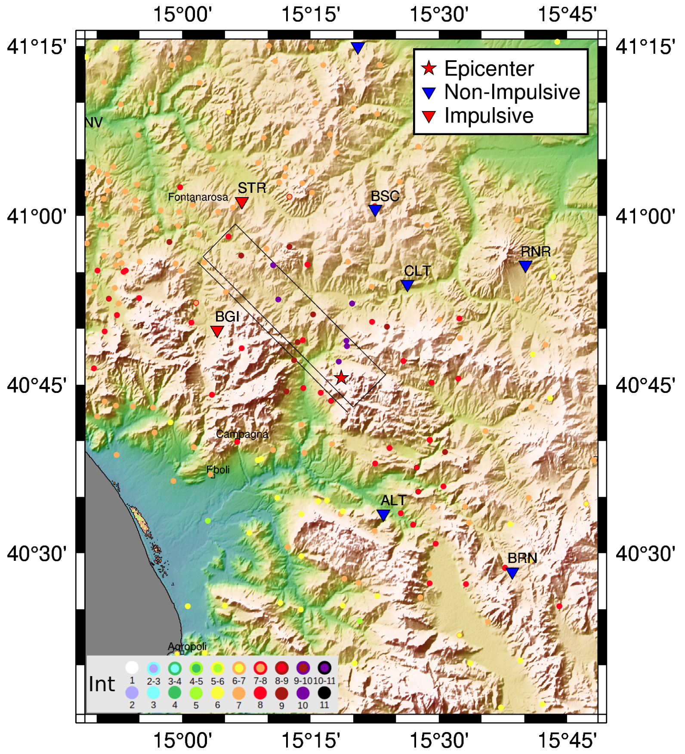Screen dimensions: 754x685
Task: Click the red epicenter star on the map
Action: click(x=341, y=378)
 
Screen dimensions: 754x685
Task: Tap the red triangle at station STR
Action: click(x=242, y=202)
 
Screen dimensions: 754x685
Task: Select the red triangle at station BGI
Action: click(x=217, y=331)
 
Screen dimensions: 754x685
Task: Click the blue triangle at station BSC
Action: click(x=375, y=210)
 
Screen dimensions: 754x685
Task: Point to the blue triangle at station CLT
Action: click(x=407, y=284)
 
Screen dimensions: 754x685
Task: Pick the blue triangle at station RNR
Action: click(x=525, y=266)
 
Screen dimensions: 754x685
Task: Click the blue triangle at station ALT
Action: click(x=383, y=514)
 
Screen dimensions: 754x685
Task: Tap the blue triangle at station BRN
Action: click(x=512, y=572)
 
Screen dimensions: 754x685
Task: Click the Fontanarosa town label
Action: click(x=198, y=197)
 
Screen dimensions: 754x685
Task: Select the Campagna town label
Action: click(x=242, y=434)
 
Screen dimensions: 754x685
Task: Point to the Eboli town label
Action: click(x=218, y=470)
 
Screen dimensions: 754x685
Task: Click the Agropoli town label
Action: click(x=187, y=646)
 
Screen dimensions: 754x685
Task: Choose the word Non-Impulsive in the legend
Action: click(x=512, y=92)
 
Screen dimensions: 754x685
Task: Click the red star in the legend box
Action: click(x=429, y=68)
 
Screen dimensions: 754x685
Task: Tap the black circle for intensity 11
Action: click(x=324, y=693)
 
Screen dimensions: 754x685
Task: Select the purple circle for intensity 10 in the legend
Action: click(x=303, y=693)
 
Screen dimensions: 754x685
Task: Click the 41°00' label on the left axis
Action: click(x=37, y=216)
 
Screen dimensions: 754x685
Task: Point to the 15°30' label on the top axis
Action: click(x=439, y=14)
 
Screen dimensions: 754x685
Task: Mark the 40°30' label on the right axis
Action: click(x=645, y=553)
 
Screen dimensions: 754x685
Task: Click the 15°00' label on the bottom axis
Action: click(x=182, y=740)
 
